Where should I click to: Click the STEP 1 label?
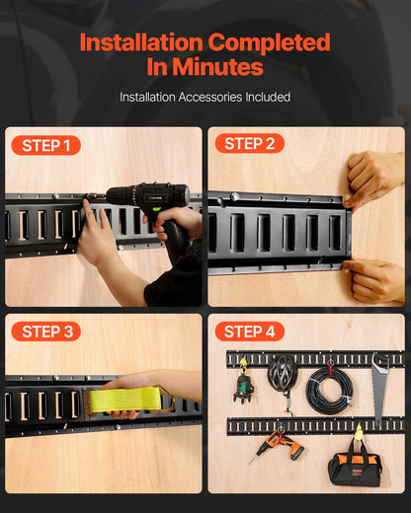pyautogui.click(x=45, y=146)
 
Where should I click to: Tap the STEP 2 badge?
pyautogui.click(x=249, y=144)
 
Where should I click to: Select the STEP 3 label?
pyautogui.click(x=45, y=331)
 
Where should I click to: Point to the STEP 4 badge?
pyautogui.click(x=249, y=331)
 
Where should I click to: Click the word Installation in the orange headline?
pyautogui.click(x=139, y=42)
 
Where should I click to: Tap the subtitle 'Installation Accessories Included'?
pyautogui.click(x=205, y=97)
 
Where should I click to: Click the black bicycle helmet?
pyautogui.click(x=283, y=376)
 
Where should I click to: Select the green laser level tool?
pyautogui.click(x=243, y=386)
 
